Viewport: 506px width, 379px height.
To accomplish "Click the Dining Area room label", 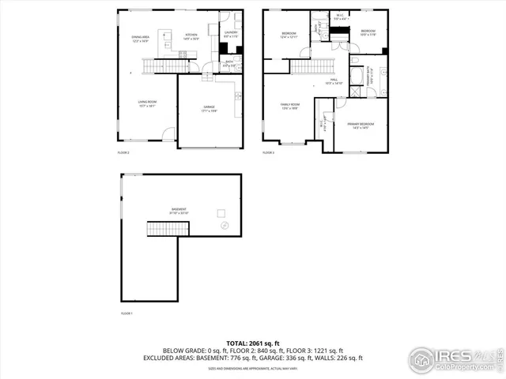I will [x=139, y=39].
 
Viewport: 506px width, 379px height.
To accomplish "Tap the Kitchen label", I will [x=191, y=36].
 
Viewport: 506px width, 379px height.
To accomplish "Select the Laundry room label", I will [x=230, y=34].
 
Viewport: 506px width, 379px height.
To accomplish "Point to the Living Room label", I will [x=147, y=103].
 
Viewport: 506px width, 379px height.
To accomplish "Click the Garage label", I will [x=209, y=107].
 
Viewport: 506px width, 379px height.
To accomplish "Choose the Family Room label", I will [x=290, y=106].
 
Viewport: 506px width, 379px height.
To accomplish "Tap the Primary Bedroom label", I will [x=360, y=126].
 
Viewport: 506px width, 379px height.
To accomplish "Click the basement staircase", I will [x=168, y=229].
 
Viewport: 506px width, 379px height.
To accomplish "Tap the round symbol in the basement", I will [x=224, y=226].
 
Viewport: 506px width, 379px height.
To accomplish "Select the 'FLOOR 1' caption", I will [x=126, y=313].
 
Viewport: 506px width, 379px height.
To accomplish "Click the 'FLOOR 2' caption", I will [x=123, y=152].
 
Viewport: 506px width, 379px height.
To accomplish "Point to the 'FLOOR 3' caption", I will [x=269, y=152].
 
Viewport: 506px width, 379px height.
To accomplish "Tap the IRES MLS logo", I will [x=455, y=359].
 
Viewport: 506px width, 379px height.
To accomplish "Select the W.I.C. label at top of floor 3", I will [x=340, y=15].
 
